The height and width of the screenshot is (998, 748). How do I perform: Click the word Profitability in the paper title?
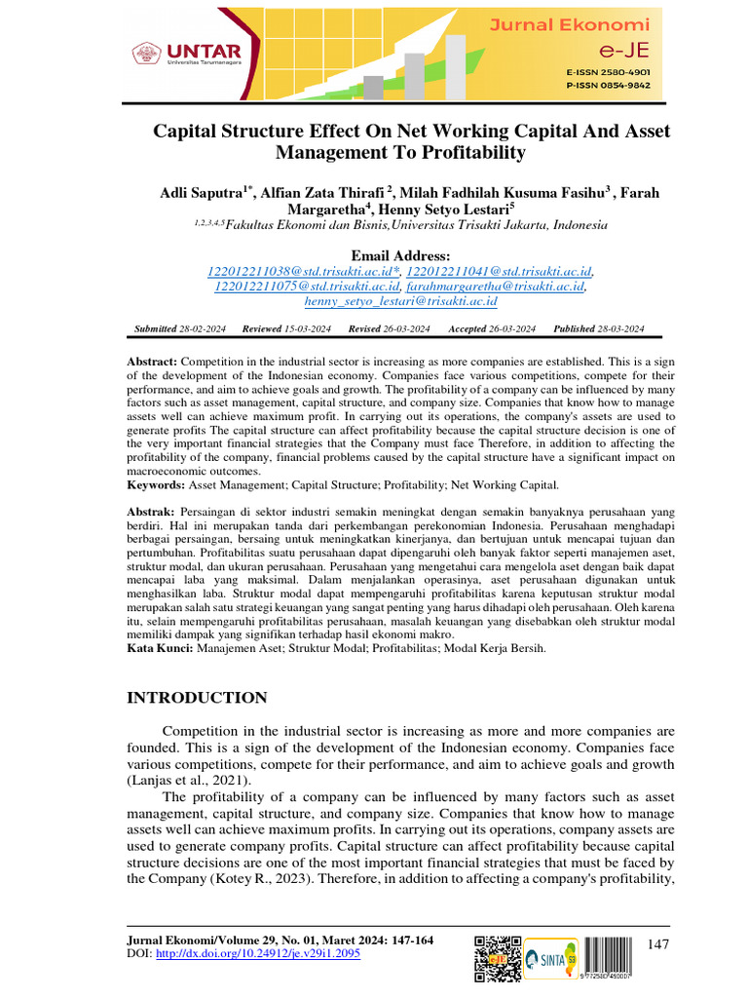pos(475,153)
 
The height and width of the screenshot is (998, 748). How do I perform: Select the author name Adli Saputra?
pos(201,193)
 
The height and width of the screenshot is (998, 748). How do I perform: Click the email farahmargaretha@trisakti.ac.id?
pos(498,287)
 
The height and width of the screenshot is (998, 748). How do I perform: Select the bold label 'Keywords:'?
pos(156,484)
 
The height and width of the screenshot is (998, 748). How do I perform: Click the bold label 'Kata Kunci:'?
pos(160,647)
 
